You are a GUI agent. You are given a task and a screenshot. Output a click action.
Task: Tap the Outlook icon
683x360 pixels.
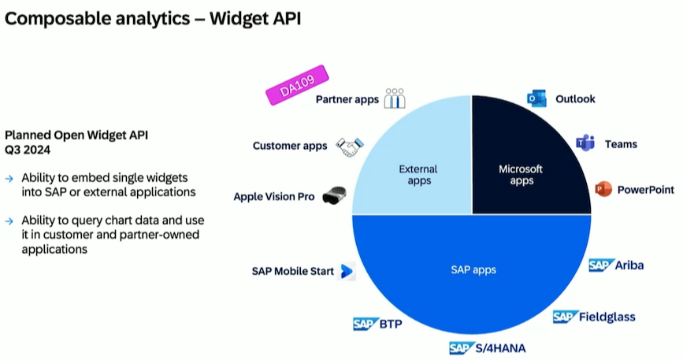pos(536,99)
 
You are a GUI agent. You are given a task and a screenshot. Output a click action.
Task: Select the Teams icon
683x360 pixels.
pos(585,144)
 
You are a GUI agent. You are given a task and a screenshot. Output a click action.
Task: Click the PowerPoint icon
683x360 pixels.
pos(603,190)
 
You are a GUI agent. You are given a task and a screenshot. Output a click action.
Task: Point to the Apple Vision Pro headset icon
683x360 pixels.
pos(335,196)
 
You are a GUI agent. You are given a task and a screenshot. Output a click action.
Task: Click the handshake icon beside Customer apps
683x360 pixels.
pos(349,146)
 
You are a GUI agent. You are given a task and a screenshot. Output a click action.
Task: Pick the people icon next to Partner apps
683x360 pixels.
pos(395,98)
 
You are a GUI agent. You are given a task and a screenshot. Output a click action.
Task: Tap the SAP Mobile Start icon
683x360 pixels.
pos(347,272)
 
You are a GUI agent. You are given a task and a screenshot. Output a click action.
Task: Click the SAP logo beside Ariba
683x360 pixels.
pos(602,265)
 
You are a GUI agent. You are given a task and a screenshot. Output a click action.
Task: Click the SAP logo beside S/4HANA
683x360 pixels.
pos(462,347)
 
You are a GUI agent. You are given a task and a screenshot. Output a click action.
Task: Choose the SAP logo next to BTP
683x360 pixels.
pos(366,323)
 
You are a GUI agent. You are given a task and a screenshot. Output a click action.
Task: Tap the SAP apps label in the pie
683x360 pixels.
pos(473,270)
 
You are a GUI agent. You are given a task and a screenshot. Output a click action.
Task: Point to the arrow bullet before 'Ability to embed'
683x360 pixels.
pos(9,178)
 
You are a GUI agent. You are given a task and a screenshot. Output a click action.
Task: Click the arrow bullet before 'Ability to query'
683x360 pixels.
pos(9,221)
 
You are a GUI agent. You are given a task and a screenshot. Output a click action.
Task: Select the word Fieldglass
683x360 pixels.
pos(607,317)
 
